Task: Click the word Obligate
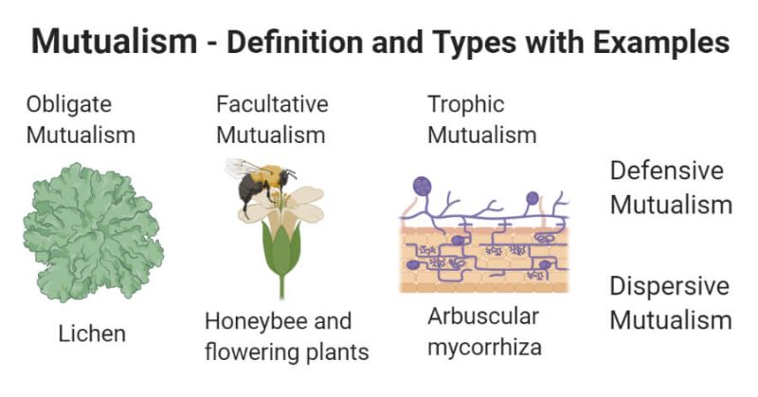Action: (x=69, y=103)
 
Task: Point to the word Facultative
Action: (x=272, y=103)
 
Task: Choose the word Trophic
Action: (x=465, y=103)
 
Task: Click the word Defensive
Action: (x=666, y=171)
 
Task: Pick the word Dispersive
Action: (x=669, y=286)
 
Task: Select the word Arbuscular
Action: (x=482, y=316)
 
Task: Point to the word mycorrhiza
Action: (x=484, y=347)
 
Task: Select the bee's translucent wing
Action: (x=243, y=168)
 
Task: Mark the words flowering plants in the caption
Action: (x=286, y=353)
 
